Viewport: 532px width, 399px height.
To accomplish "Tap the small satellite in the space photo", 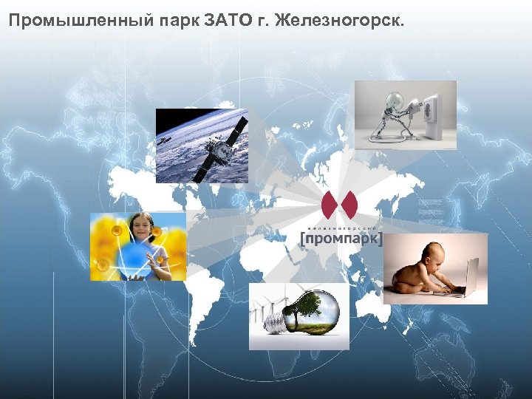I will pos(164,138).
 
